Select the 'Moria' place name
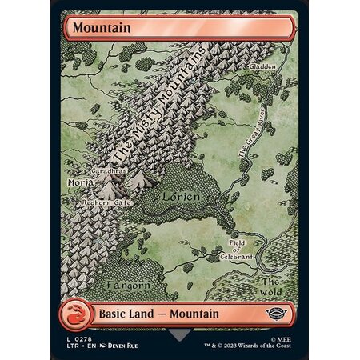pos(82,183)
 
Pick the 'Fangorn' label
pos(126,285)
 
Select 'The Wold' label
pos(270,288)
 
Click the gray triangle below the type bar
pos(180,332)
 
